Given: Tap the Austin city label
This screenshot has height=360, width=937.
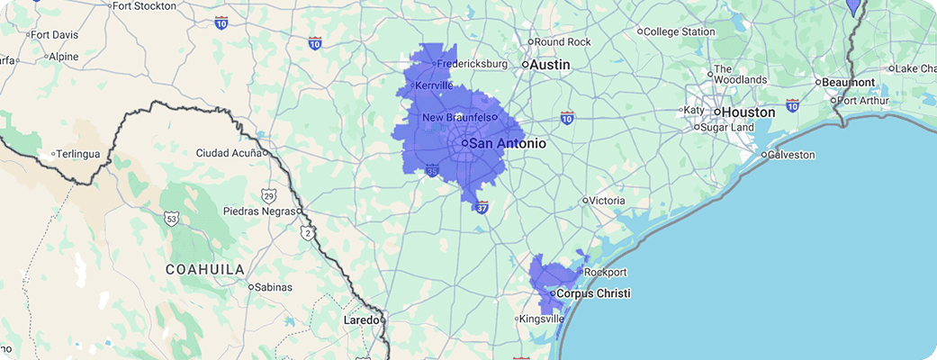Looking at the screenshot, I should point(551,65).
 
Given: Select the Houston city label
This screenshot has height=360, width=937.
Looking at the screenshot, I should point(747,112).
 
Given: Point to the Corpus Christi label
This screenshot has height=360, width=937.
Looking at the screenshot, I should point(593,293).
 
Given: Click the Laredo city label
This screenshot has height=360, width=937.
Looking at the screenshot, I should point(362,319).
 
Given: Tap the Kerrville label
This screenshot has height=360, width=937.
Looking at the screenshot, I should point(434,85).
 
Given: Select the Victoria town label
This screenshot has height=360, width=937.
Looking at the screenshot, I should point(608,200).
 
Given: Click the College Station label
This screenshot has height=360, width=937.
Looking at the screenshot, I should point(680,31).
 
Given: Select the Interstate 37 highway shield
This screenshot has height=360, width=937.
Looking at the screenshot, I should point(482,207).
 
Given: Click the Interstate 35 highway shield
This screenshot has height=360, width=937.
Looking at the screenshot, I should point(433,170).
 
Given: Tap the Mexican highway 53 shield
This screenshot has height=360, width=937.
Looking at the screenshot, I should point(172,218).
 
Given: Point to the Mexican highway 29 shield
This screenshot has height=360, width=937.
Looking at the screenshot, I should point(269,195).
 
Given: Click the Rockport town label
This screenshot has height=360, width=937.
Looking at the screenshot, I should point(605,272).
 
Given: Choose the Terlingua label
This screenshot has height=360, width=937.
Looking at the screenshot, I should point(78,154).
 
